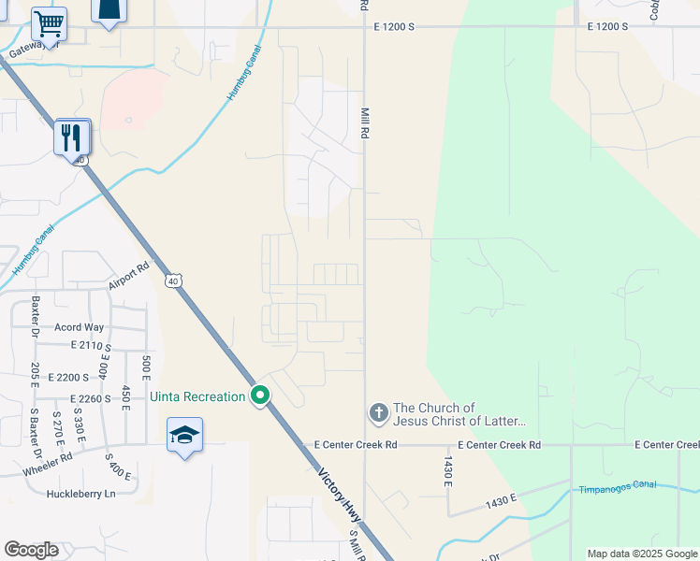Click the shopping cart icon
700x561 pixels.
click(49, 22)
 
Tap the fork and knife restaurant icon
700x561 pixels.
click(72, 138)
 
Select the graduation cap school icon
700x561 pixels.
click(184, 435)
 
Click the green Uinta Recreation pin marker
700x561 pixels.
click(261, 396)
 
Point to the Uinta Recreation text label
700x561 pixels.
click(197, 397)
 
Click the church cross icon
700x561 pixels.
click(378, 412)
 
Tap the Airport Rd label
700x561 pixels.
click(129, 276)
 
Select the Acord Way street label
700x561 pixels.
click(79, 327)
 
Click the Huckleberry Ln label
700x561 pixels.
click(83, 493)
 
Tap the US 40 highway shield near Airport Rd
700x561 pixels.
click(173, 280)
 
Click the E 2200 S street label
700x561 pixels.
click(66, 377)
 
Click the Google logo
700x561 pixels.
click(31, 549)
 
